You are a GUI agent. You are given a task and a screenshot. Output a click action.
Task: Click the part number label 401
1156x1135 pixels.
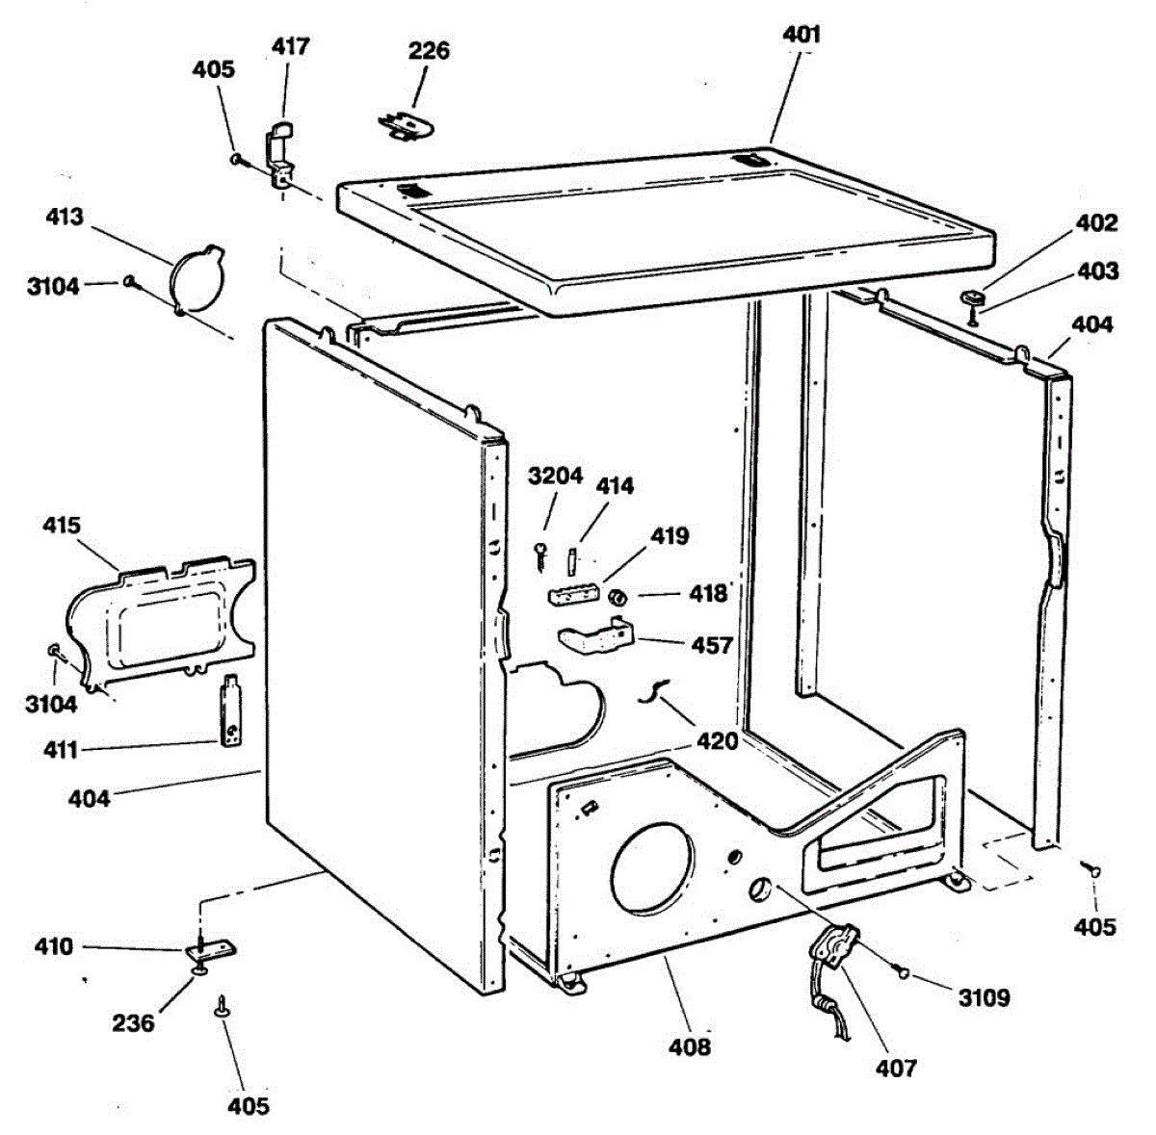[x=801, y=36]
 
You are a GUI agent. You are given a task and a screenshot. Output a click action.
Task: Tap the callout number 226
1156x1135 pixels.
[x=429, y=50]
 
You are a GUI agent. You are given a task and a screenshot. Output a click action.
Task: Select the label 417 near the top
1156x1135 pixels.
[x=290, y=46]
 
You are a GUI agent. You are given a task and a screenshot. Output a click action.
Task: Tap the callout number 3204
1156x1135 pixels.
[x=556, y=477]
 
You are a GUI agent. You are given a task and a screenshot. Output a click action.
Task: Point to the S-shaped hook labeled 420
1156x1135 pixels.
[x=655, y=689]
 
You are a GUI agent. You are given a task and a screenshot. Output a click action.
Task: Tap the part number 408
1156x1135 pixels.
[x=690, y=1045]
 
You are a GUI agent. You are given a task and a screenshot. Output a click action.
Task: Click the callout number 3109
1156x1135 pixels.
[x=984, y=997]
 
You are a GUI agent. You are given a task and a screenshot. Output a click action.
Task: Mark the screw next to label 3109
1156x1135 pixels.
[x=903, y=972]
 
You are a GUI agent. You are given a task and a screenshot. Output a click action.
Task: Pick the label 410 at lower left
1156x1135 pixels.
[x=53, y=946]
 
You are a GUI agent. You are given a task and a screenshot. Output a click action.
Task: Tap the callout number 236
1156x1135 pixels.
[x=133, y=1022]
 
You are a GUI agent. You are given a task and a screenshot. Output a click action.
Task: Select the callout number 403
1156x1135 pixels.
[x=1097, y=272]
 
